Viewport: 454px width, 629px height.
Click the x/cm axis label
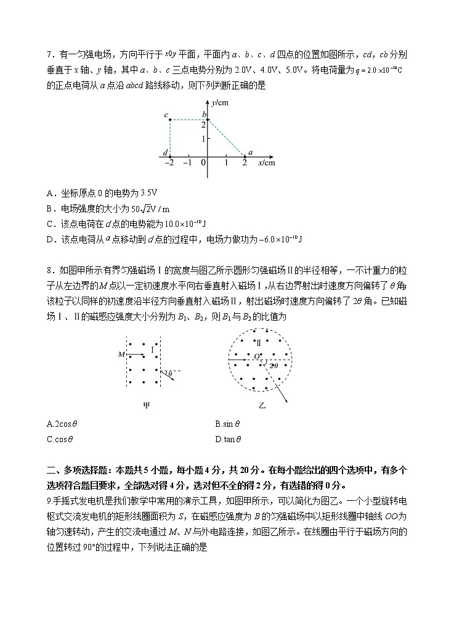click(266, 162)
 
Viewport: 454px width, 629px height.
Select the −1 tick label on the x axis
click(188, 163)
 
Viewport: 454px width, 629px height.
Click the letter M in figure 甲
click(121, 354)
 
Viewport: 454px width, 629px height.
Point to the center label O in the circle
click(256, 356)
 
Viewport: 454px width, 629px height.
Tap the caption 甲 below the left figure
click(146, 405)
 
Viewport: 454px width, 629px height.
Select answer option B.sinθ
click(227, 424)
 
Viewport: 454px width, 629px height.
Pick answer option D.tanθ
click(228, 440)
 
